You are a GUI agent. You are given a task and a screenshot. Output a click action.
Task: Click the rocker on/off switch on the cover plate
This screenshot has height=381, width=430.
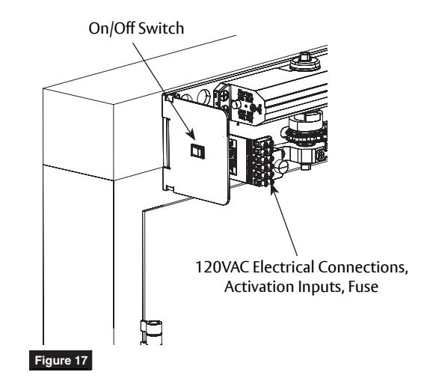[x=197, y=151]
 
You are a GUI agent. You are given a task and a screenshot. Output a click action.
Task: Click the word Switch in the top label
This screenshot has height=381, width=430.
[x=161, y=28]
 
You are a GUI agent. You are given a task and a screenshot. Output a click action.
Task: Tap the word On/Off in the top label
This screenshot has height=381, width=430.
[x=112, y=28]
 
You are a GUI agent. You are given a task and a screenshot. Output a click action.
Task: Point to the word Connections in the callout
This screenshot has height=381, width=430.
[x=362, y=267]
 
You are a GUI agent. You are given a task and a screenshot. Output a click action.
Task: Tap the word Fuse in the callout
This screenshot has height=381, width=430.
[x=363, y=287]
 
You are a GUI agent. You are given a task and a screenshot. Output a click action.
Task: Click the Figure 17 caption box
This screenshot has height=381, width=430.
[x=61, y=360]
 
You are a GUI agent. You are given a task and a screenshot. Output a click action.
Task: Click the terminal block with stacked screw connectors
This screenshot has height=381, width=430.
[x=259, y=161]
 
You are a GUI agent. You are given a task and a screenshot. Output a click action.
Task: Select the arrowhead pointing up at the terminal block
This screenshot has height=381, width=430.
[x=273, y=187]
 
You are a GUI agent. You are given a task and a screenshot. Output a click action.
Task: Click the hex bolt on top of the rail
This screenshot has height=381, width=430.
[x=305, y=61]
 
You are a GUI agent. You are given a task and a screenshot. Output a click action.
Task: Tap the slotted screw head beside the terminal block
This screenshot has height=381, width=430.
[x=282, y=167]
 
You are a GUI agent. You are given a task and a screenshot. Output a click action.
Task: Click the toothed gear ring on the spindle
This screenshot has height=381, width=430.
[x=305, y=135]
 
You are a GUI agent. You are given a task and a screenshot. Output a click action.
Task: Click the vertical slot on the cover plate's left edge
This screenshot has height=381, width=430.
[x=166, y=142]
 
